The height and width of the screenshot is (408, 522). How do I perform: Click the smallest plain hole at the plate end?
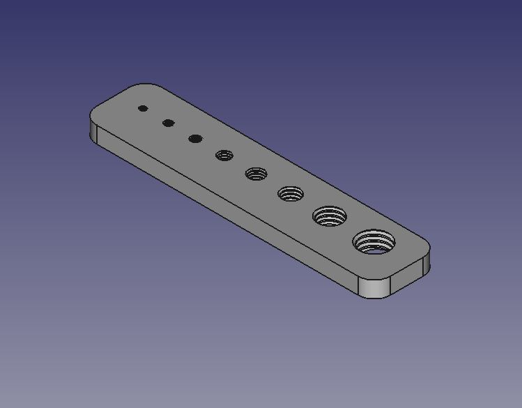[143, 108]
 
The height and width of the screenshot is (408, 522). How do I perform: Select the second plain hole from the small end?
[168, 123]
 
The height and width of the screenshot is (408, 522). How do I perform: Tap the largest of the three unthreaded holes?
[195, 139]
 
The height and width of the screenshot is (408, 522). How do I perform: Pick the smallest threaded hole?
[224, 156]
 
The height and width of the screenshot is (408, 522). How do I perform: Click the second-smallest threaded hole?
[256, 173]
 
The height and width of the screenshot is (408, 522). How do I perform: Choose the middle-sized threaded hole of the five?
[291, 193]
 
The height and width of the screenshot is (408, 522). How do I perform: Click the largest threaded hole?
[374, 243]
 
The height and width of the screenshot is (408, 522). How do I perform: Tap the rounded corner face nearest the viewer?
[374, 287]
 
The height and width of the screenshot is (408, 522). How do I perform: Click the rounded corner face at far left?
[92, 130]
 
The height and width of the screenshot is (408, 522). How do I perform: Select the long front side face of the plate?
[223, 209]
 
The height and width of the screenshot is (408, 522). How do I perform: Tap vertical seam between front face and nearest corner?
[358, 287]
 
